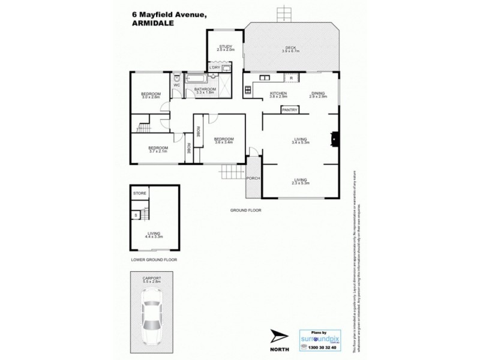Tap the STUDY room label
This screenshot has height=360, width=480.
point(226,46)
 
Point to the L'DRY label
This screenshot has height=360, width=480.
point(215,68)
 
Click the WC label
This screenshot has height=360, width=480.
point(177,85)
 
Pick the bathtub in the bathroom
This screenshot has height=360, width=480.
point(200,79)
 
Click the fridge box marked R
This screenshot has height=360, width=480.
point(290,78)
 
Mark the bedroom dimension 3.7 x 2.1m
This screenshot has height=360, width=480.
point(158,152)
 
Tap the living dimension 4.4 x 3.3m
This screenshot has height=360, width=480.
point(154,236)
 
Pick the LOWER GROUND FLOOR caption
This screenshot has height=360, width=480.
point(154,260)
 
